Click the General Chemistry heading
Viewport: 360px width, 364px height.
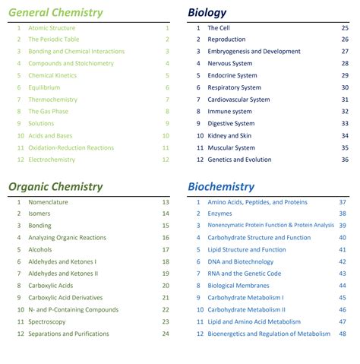[55, 12]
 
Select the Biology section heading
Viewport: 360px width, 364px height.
[207, 12]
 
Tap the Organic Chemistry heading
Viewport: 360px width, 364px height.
[55, 186]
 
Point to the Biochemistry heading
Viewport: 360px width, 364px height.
[221, 186]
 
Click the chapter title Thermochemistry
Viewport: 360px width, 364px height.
[52, 100]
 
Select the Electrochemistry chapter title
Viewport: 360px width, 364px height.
[52, 160]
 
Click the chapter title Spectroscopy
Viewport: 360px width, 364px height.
[47, 321]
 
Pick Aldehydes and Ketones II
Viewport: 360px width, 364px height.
[63, 274]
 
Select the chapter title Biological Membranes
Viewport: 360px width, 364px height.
[238, 286]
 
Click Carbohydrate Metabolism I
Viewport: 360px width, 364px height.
[245, 298]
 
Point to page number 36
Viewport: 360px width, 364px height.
[345, 160]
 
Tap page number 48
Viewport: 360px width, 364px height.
[343, 334]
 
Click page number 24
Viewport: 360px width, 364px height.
[166, 334]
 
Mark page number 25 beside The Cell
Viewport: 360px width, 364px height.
[345, 27]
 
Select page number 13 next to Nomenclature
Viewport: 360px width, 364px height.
[166, 202]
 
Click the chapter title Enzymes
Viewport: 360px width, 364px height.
[219, 214]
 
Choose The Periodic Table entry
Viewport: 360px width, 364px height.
[54, 40]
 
